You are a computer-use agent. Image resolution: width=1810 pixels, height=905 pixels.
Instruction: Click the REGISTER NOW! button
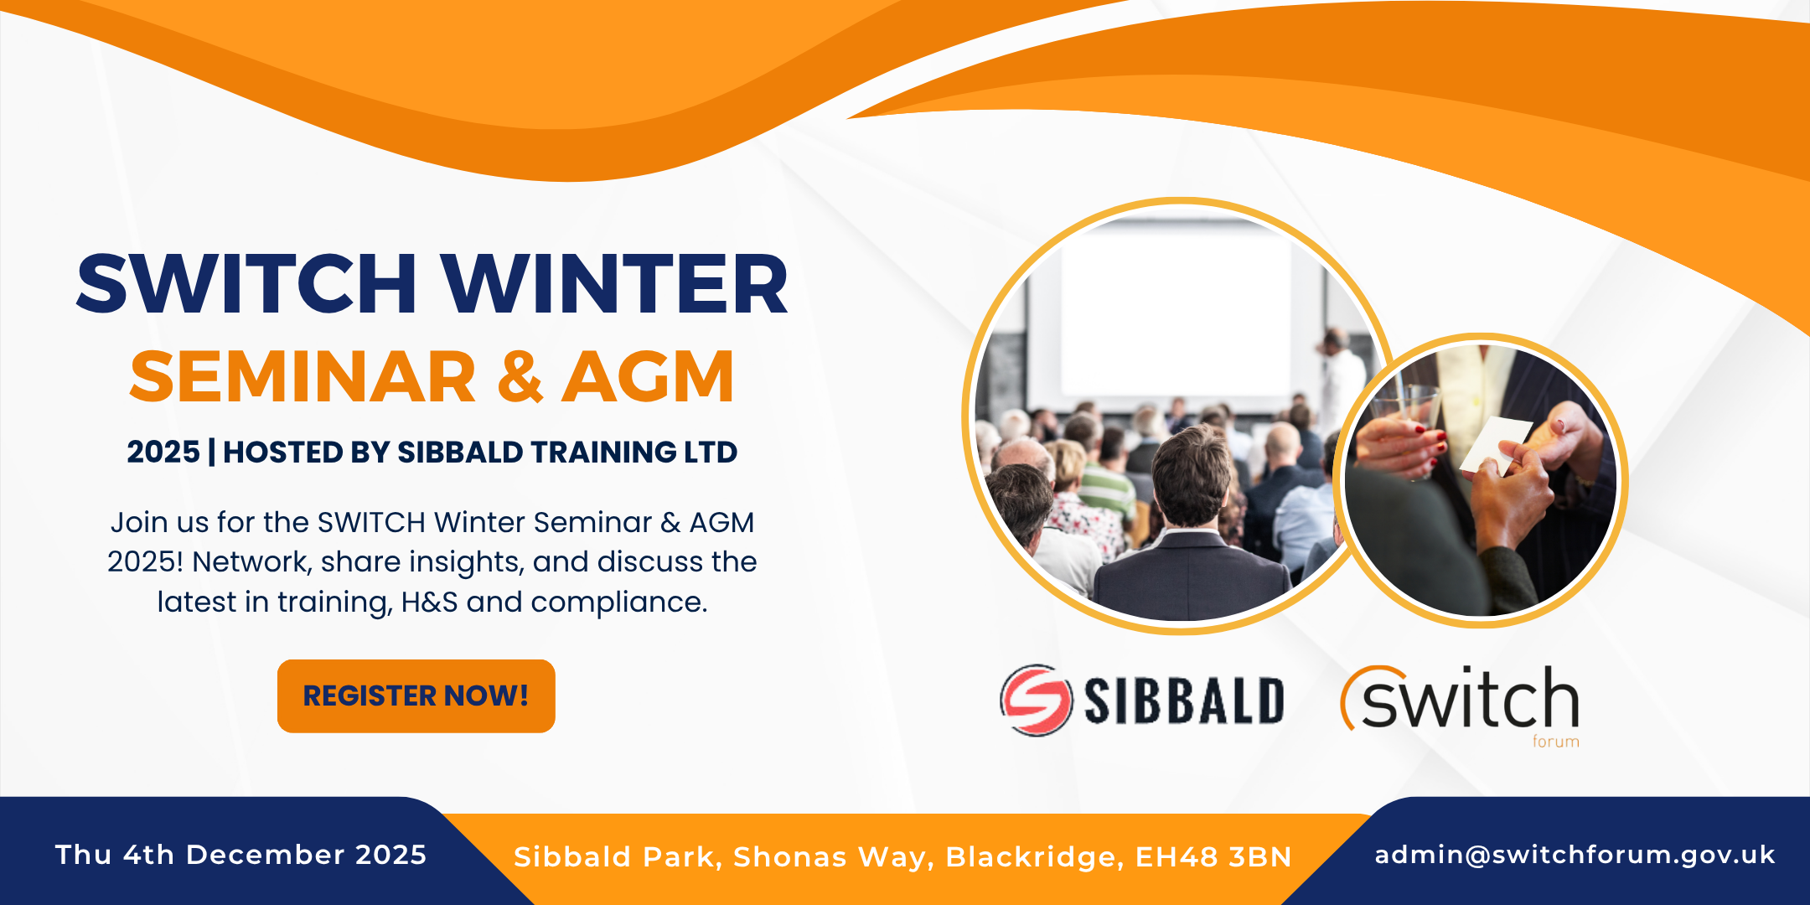[x=416, y=696]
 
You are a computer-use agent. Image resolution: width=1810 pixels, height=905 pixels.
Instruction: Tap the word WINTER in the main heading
[x=615, y=284]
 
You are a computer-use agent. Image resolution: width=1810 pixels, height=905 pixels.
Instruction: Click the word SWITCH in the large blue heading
[x=246, y=284]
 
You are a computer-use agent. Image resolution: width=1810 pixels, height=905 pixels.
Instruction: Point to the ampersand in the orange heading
[x=520, y=377]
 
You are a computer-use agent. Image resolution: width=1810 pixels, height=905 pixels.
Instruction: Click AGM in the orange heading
[x=649, y=377]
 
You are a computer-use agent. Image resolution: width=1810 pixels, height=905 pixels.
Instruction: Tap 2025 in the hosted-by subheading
[x=163, y=452]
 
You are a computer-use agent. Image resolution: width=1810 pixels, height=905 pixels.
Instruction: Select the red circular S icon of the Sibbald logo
[x=1036, y=700]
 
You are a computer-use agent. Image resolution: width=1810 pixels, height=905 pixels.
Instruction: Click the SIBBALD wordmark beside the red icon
[x=1184, y=701]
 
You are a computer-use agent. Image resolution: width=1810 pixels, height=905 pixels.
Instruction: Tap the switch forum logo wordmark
[x=1461, y=699]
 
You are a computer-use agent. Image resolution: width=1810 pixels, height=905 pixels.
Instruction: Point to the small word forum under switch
[x=1556, y=742]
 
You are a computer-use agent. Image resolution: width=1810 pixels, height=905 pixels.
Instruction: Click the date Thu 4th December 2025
[x=241, y=855]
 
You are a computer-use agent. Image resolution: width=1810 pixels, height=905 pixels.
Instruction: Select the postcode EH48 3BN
[x=1213, y=857]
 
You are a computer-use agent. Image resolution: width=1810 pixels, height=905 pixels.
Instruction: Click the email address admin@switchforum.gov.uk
[x=1575, y=855]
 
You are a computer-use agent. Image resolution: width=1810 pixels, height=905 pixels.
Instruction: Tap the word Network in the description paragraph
[x=251, y=561]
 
